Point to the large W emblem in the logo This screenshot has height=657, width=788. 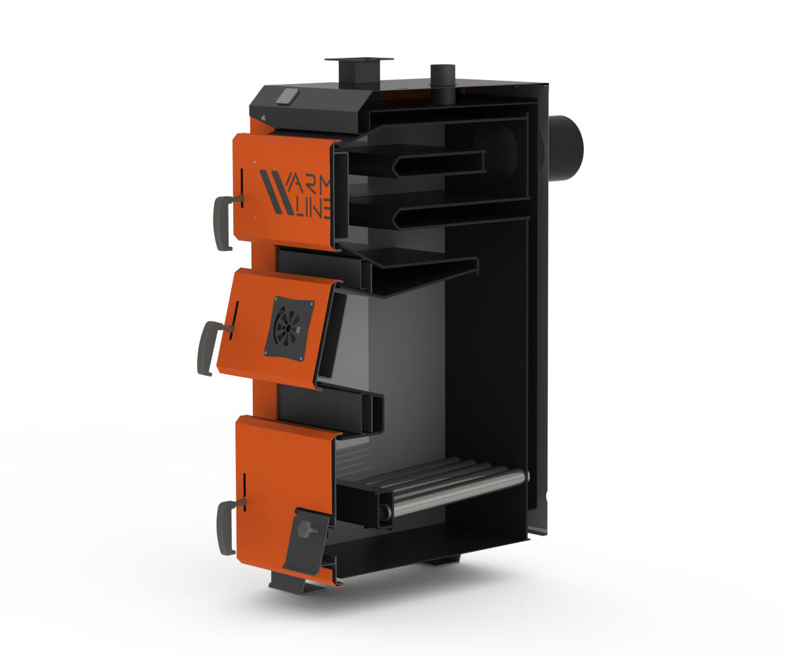click(275, 191)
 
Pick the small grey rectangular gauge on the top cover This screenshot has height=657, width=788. click(287, 97)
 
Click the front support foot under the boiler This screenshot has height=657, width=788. click(295, 583)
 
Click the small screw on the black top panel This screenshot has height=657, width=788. click(263, 118)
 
